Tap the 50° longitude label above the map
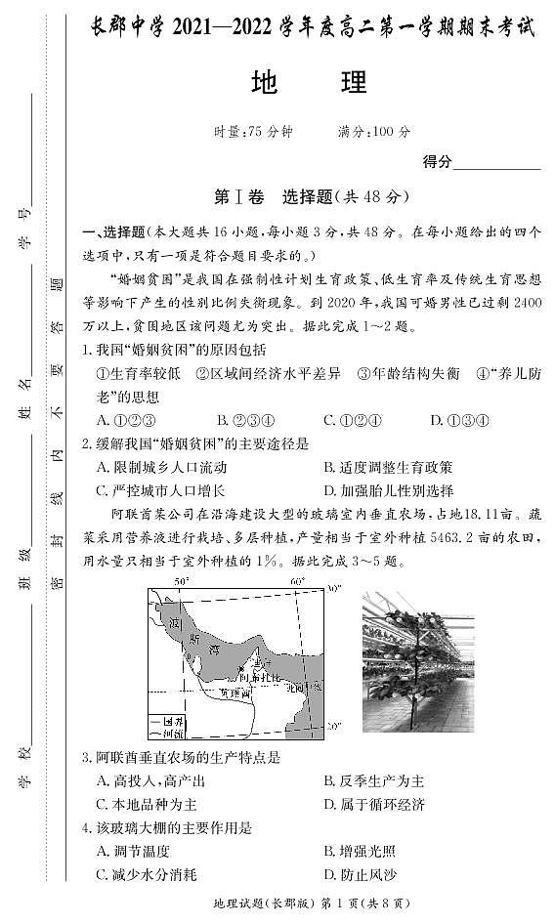[x=181, y=582]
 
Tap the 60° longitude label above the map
[x=297, y=582]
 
